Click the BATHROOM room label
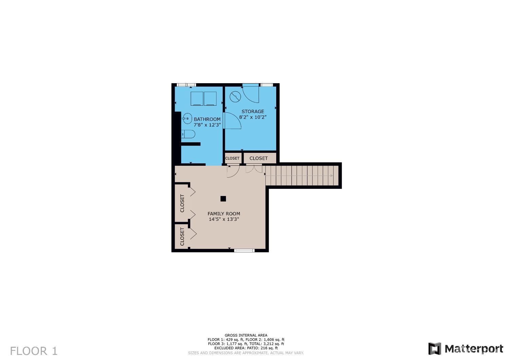tap(207, 119)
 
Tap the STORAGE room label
tap(253, 111)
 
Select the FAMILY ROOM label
tap(224, 214)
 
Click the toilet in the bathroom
tap(188, 134)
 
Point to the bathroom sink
tap(187, 118)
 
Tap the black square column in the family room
tap(223, 199)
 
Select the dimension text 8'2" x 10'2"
tap(253, 117)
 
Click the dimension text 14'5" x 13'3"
tap(224, 219)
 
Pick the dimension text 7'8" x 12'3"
tap(207, 125)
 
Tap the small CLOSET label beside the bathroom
tap(232, 158)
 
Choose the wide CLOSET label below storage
tap(259, 158)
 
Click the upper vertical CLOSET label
tap(182, 203)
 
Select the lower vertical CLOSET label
tap(182, 236)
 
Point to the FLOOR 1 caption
tap(34, 351)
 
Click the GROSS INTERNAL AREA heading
tap(246, 335)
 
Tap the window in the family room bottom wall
tap(244, 251)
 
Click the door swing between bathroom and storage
tap(232, 121)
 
